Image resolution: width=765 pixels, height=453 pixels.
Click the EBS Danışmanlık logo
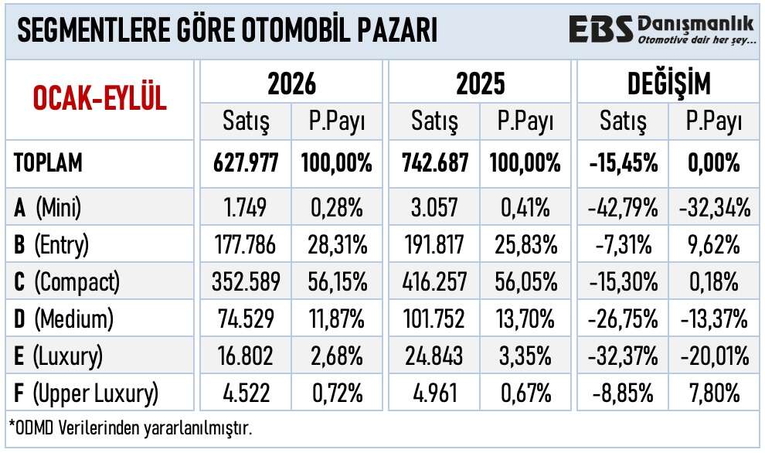pos(662,29)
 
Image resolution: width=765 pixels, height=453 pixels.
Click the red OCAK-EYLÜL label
pos(100,98)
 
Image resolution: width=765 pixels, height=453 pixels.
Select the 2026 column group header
pos(291,83)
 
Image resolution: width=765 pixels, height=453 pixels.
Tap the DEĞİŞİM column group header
pos(668,83)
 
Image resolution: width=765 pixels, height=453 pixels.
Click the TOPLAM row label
pos(48,162)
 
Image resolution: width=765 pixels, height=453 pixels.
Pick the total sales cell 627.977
pos(246,163)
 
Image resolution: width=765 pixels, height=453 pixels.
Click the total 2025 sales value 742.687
pos(435,163)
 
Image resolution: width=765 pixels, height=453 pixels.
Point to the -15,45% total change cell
pos(623,163)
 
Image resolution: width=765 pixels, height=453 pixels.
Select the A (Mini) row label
pos(47,207)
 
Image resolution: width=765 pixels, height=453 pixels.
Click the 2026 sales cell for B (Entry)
pos(246,244)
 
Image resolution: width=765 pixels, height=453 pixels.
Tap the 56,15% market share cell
pos(337,281)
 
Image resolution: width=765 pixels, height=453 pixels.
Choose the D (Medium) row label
pos(63,319)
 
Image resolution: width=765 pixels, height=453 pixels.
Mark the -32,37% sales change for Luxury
pos(623,356)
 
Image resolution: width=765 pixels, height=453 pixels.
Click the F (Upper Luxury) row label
pos(86,393)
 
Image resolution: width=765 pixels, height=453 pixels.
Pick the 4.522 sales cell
pos(246,393)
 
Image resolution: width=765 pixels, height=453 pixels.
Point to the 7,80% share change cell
pos(714,393)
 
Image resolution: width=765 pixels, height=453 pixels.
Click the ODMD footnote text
pos(131,428)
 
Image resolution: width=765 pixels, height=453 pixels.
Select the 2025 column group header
pos(480,83)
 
